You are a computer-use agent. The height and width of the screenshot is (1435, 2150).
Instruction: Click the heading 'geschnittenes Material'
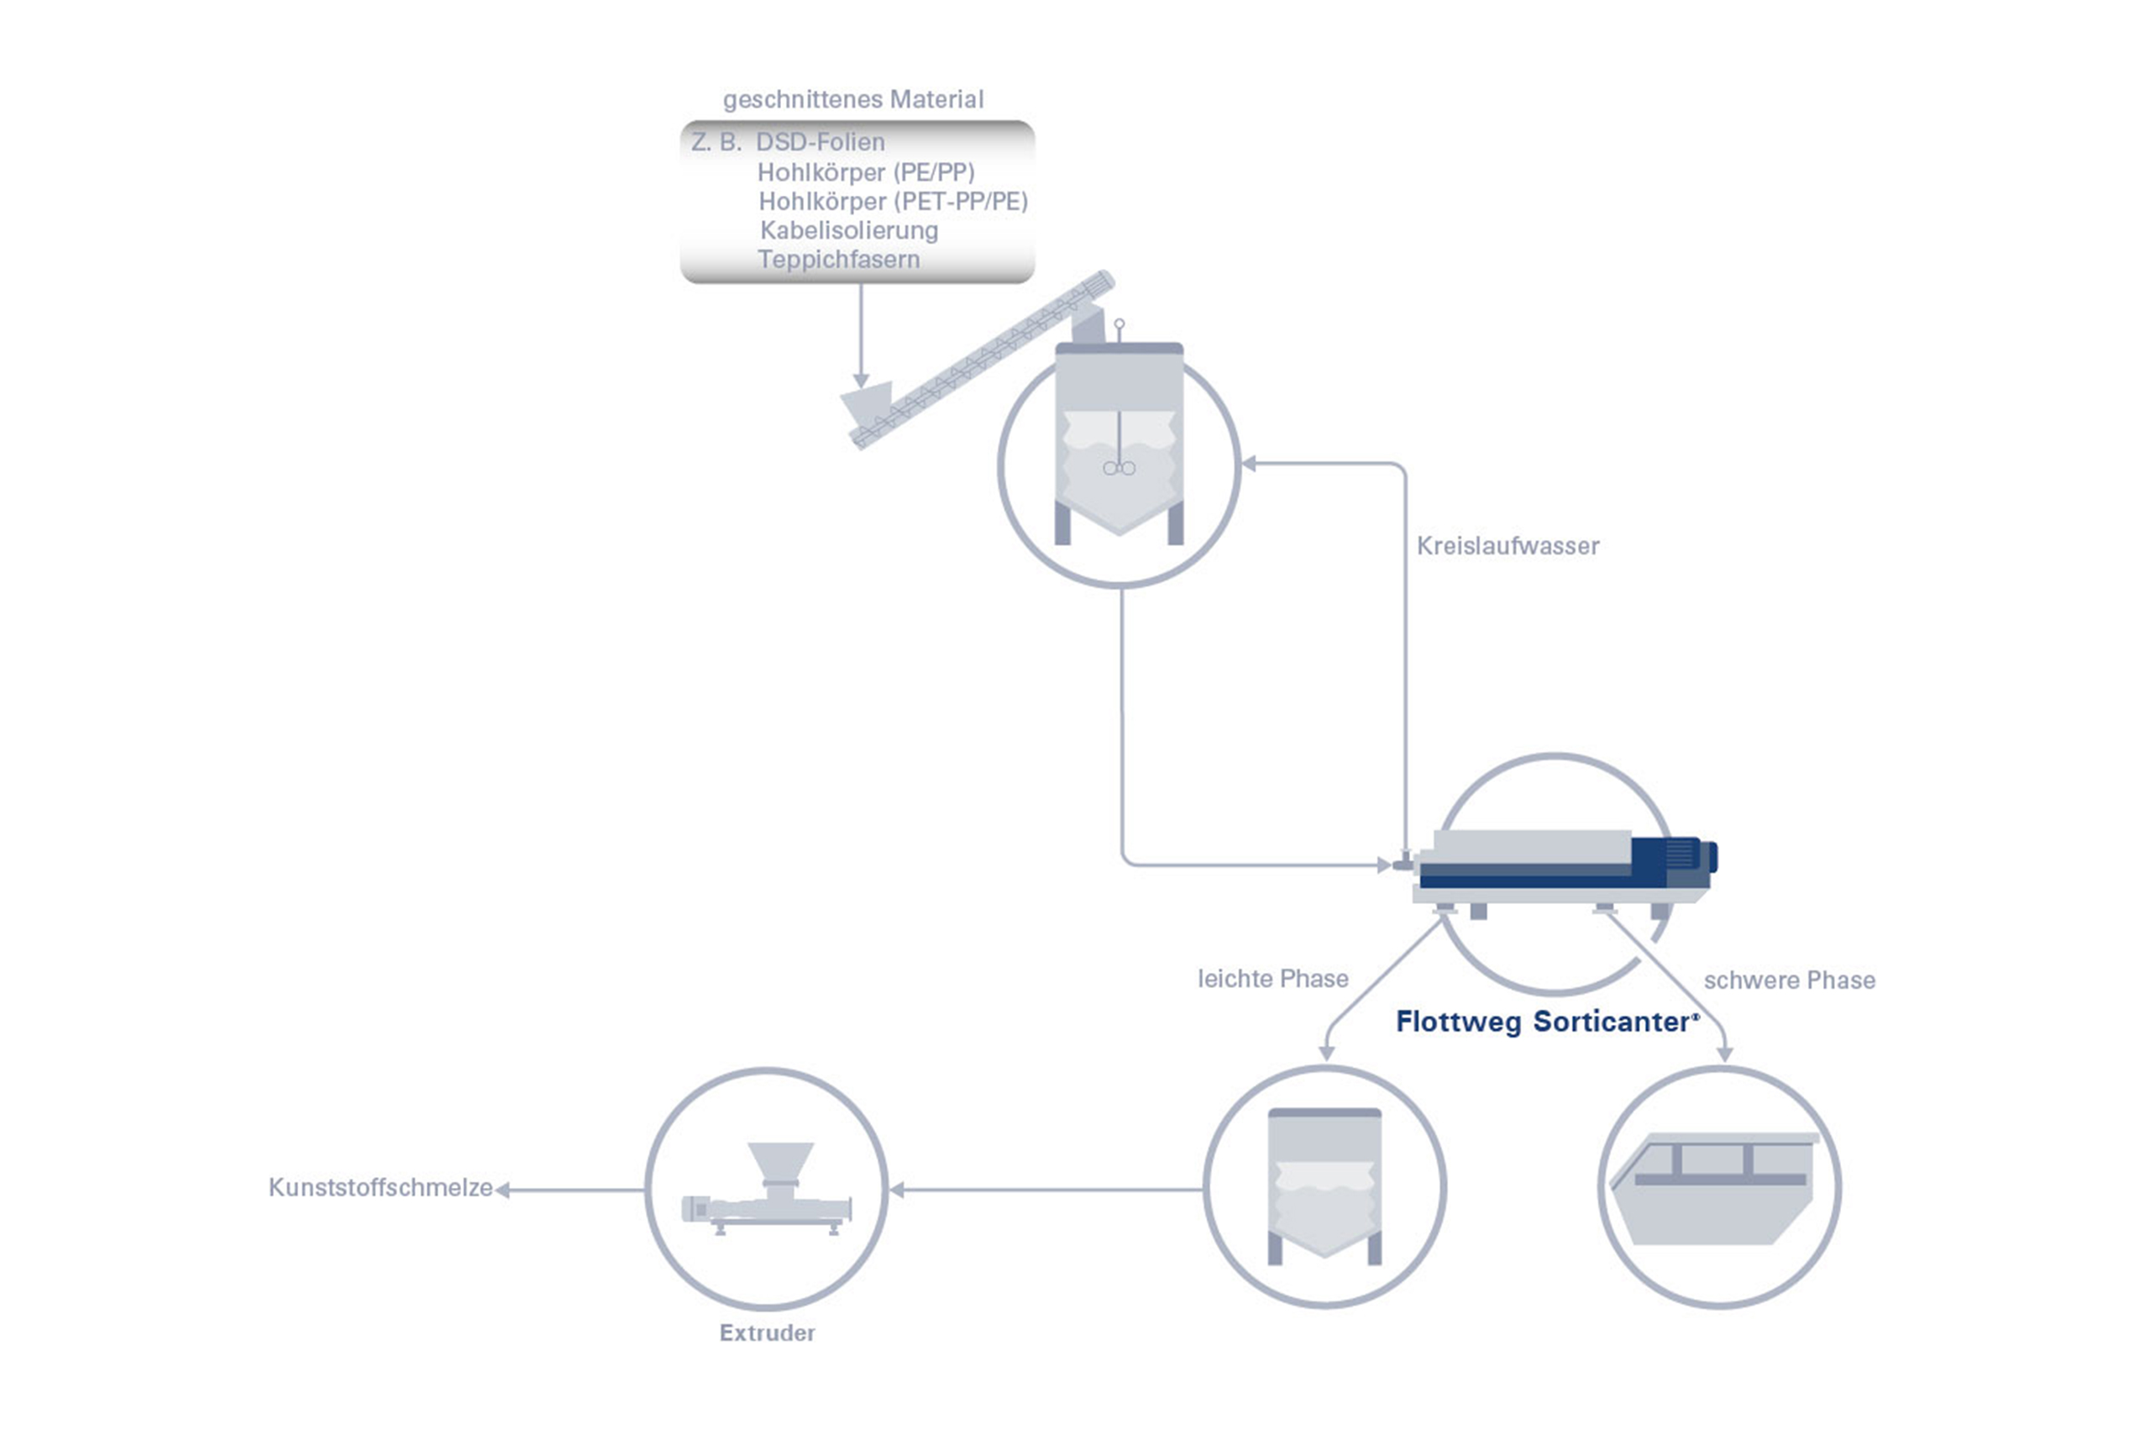click(852, 99)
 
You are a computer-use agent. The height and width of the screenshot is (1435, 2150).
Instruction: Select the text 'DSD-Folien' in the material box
click(821, 142)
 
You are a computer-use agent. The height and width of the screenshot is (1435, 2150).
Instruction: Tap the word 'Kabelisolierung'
click(849, 229)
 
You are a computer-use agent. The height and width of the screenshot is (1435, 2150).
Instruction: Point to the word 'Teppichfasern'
click(839, 259)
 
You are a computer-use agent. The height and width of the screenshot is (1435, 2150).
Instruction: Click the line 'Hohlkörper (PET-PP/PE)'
click(893, 202)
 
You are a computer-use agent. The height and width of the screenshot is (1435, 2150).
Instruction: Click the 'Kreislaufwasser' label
click(1508, 545)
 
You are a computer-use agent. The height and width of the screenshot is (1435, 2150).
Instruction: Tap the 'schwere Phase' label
click(1790, 980)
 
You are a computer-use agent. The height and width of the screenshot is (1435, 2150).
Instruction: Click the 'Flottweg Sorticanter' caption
click(1547, 1022)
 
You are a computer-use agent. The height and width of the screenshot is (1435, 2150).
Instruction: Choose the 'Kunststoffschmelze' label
click(380, 1187)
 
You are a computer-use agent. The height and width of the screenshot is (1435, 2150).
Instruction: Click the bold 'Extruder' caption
click(767, 1332)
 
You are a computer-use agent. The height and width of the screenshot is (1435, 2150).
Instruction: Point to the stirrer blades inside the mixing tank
click(1119, 468)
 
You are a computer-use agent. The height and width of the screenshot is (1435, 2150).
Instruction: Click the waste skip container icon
click(1714, 1188)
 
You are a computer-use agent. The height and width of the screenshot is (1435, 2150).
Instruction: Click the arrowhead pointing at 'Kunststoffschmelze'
click(501, 1190)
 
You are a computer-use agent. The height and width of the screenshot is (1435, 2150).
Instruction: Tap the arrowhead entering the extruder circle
click(897, 1190)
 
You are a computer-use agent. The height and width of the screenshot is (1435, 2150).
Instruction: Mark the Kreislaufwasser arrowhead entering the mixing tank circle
click(1249, 464)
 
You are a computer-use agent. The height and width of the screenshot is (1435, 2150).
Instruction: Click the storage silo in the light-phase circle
click(1324, 1186)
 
